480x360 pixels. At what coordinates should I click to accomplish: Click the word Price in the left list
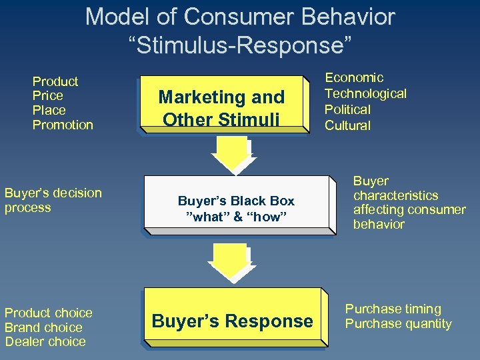pos(47,95)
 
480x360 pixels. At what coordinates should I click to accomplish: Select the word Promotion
pos(63,125)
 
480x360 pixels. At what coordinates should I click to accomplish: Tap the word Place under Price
pos(49,110)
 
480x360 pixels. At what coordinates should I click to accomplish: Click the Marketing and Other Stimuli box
pos(221,107)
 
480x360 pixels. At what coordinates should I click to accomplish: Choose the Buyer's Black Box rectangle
pos(236,203)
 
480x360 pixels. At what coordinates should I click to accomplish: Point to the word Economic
pos(354,78)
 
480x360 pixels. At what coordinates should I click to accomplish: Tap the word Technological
pos(365,93)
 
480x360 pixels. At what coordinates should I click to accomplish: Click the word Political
pos(347,109)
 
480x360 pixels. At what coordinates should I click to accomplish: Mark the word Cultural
pos(347,125)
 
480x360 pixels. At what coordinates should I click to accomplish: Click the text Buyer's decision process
pos(53,200)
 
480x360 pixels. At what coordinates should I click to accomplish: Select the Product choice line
pos(48,313)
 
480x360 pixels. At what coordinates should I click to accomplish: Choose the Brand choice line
pos(43,327)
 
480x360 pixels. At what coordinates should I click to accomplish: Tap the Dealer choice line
pos(45,341)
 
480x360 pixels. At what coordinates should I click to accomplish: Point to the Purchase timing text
pos(393,309)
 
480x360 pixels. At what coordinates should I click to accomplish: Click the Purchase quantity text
pos(398,324)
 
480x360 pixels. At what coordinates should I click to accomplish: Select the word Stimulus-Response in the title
pos(239,45)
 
